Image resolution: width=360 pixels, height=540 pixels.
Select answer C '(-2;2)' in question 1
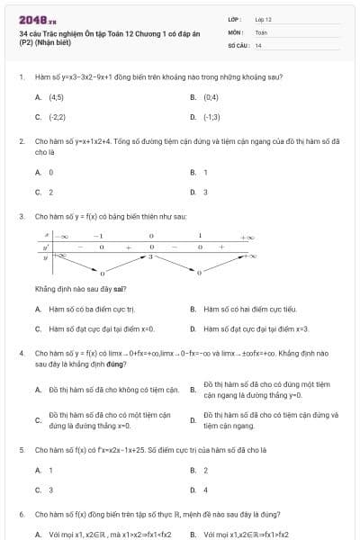click(x=57, y=117)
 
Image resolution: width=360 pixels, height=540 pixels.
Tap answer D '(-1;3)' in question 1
click(x=212, y=117)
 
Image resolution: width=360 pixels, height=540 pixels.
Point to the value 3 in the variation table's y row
click(x=149, y=256)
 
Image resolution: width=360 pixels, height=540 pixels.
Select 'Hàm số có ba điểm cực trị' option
click(x=90, y=309)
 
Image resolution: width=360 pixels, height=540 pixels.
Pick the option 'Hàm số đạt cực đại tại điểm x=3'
click(x=256, y=328)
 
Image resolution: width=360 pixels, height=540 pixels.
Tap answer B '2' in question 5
click(x=205, y=470)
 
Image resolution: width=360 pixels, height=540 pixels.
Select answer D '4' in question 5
click(x=205, y=490)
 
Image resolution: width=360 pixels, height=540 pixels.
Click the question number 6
click(x=21, y=514)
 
